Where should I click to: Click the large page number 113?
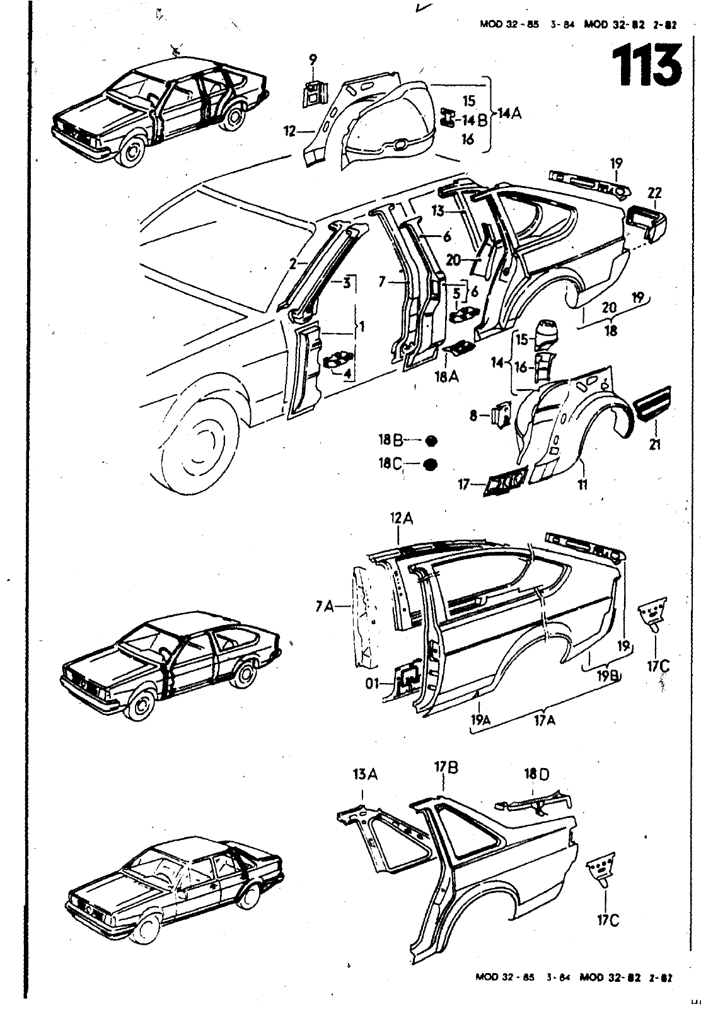pyautogui.click(x=647, y=66)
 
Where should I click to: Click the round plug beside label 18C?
pyautogui.click(x=430, y=465)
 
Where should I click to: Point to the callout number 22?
pyautogui.click(x=654, y=194)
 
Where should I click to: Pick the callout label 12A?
pyautogui.click(x=402, y=518)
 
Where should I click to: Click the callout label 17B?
pyautogui.click(x=445, y=768)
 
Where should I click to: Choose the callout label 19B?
pyautogui.click(x=608, y=675)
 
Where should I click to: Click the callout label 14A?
pyautogui.click(x=509, y=114)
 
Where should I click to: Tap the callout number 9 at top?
pyautogui.click(x=313, y=61)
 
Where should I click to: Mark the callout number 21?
pyautogui.click(x=656, y=445)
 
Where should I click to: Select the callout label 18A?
pyautogui.click(x=445, y=376)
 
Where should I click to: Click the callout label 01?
pyautogui.click(x=374, y=684)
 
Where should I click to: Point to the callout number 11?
pyautogui.click(x=583, y=484)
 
